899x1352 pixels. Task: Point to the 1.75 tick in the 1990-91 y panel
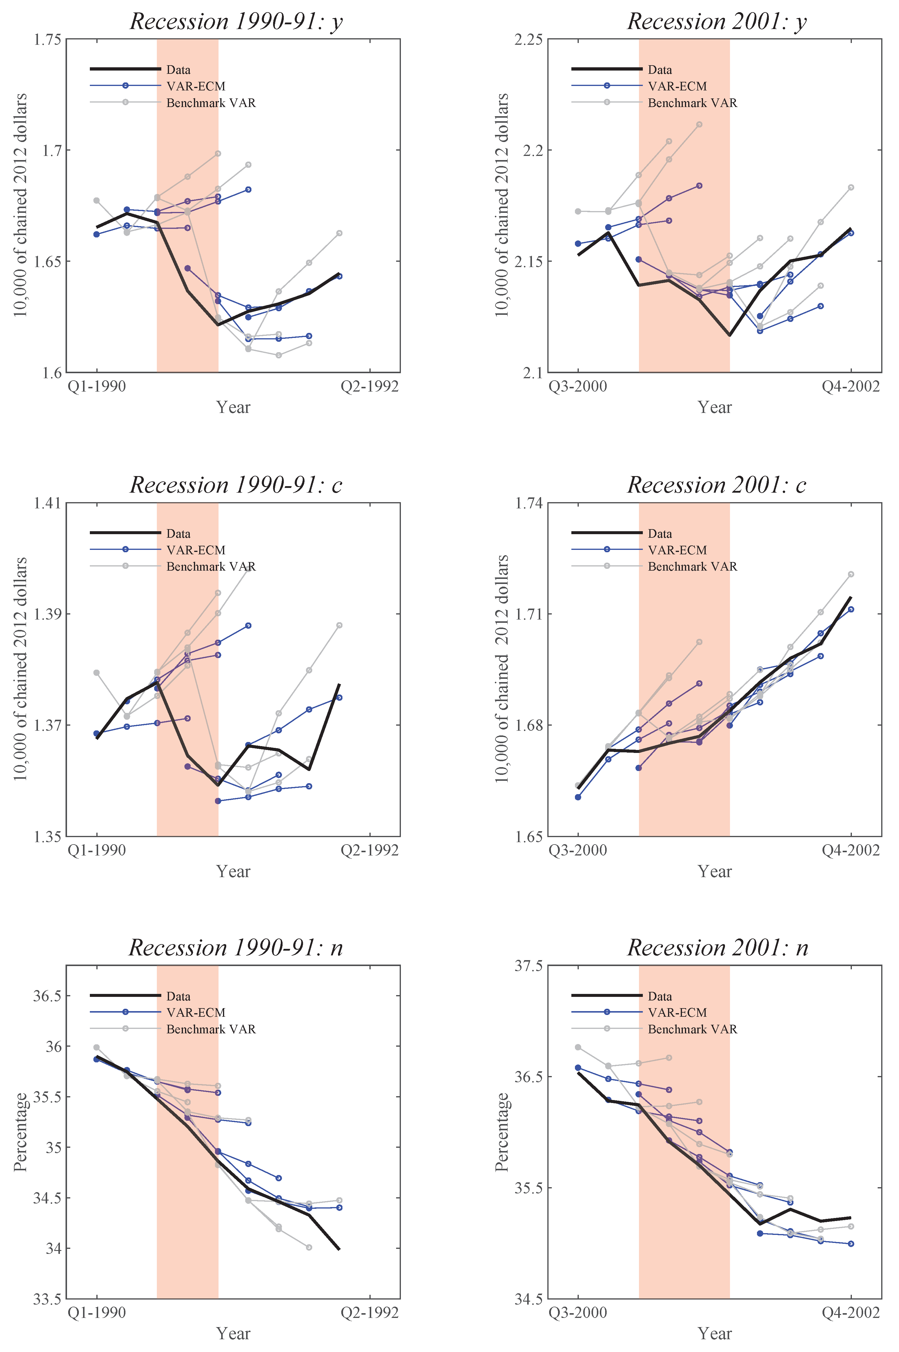pos(47,39)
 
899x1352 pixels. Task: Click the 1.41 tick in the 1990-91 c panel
pos(47,503)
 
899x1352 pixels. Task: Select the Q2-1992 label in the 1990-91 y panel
pos(369,386)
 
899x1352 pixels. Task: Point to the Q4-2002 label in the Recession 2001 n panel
pos(850,1313)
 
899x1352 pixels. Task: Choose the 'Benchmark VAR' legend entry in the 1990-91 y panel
pos(211,103)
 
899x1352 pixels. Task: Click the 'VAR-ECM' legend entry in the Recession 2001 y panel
pos(677,86)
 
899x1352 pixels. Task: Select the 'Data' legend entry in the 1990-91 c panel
pos(178,534)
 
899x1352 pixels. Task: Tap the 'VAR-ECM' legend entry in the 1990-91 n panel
pos(195,1013)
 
